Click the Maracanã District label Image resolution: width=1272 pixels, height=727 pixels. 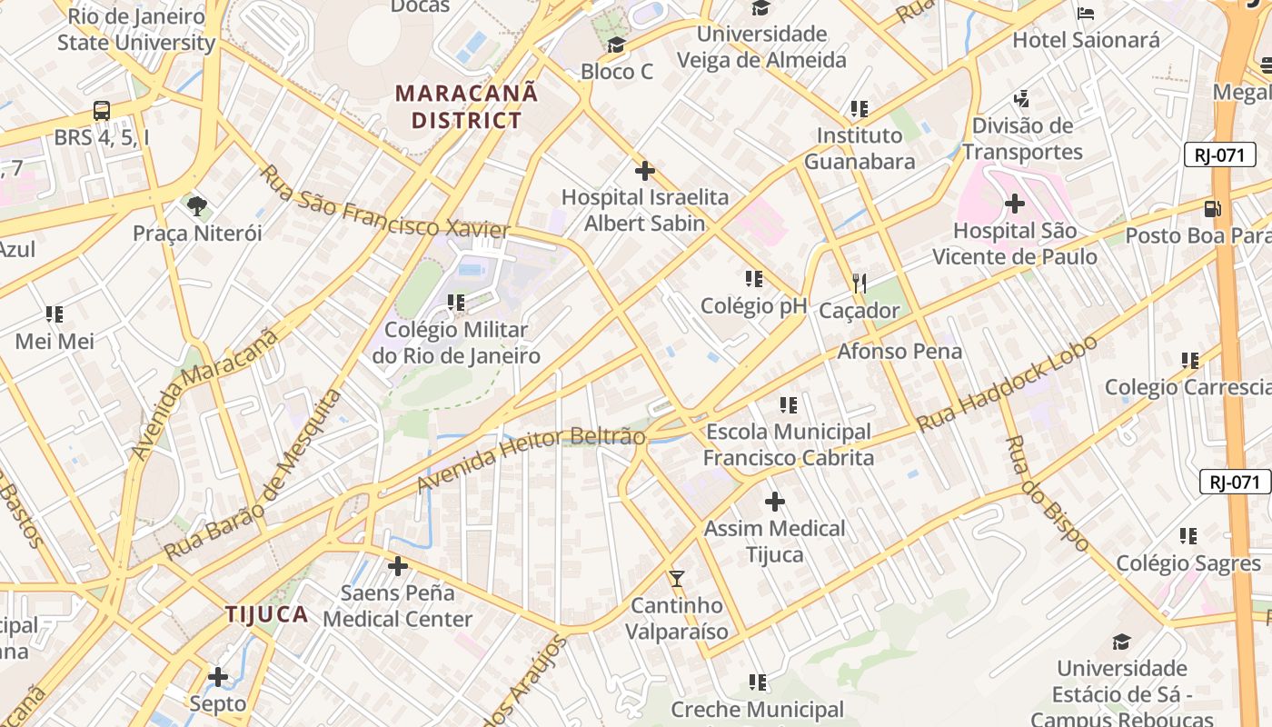click(x=466, y=106)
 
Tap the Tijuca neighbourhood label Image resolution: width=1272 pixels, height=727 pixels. click(x=266, y=614)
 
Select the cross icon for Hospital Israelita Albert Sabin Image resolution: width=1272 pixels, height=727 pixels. click(x=644, y=170)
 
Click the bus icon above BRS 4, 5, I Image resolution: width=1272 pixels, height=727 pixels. click(x=102, y=111)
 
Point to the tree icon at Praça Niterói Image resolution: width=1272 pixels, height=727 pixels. click(x=196, y=205)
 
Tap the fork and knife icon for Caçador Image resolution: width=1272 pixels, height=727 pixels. click(x=859, y=284)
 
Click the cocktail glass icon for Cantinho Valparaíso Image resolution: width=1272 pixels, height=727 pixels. click(x=676, y=578)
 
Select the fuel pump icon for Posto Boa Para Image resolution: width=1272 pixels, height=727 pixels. click(x=1212, y=208)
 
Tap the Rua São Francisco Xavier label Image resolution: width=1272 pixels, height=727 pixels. click(x=384, y=203)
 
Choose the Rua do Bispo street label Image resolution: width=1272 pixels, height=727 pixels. click(x=1047, y=493)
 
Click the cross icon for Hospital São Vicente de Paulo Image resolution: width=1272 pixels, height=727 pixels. click(x=1014, y=204)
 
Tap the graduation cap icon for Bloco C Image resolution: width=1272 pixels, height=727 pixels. click(x=616, y=45)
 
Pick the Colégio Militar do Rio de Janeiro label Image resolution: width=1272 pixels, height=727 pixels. click(x=456, y=343)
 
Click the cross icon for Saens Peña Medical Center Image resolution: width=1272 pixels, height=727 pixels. click(x=397, y=566)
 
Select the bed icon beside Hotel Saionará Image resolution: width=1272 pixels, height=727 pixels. click(x=1085, y=13)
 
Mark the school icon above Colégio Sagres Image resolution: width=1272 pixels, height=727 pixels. click(x=1188, y=536)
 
